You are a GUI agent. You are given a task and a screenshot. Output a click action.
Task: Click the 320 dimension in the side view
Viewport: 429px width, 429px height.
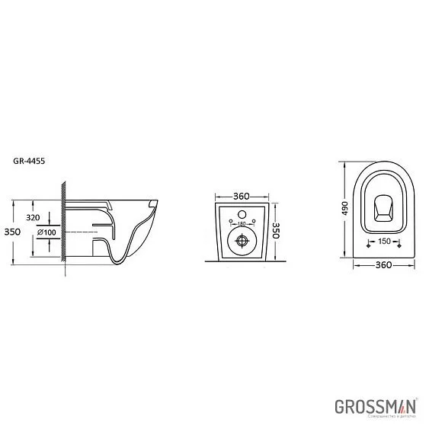[32, 216]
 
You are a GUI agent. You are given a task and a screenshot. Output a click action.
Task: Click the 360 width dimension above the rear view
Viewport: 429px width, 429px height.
[241, 197]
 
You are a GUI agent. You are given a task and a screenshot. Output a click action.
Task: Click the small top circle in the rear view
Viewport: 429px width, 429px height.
[242, 216]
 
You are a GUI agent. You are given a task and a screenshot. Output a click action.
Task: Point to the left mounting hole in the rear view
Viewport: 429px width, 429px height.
[228, 226]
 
